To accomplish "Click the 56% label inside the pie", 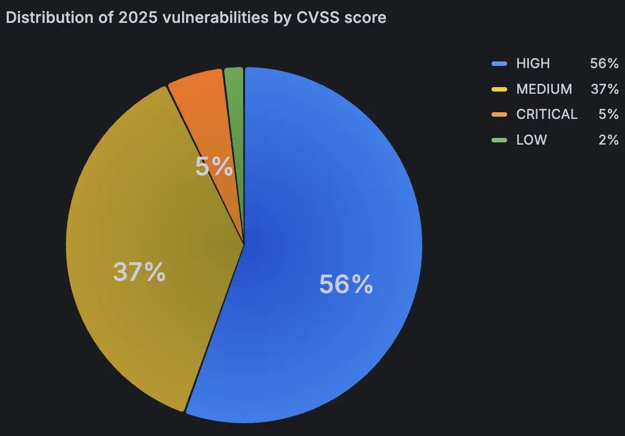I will [x=346, y=284].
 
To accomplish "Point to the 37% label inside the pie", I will [x=139, y=272].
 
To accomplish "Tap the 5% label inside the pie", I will [x=214, y=166].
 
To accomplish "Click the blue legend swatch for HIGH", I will [x=499, y=64].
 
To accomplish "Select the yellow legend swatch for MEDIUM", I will [x=499, y=89].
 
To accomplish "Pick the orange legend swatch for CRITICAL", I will [x=499, y=114].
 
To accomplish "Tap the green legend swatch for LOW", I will [x=499, y=140].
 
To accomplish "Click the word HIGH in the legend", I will [x=533, y=64].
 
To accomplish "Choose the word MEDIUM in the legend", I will [x=544, y=89].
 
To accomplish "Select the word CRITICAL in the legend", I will [x=547, y=114].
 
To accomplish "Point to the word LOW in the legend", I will [x=531, y=140].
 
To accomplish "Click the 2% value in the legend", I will [x=608, y=140].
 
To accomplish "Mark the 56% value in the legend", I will [x=604, y=64].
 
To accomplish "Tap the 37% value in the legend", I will [x=604, y=89].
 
